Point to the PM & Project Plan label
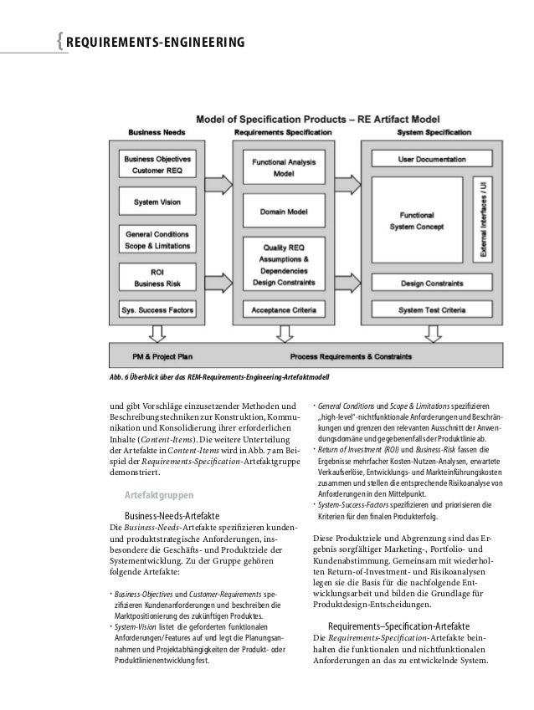162,355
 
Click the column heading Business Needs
157,131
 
